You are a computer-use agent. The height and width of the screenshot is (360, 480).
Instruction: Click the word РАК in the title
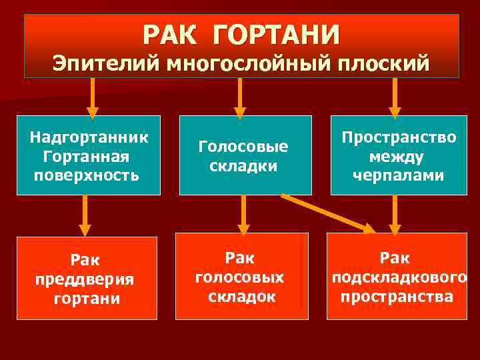tap(169, 33)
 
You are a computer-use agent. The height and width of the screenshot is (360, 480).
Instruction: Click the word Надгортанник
tap(89, 138)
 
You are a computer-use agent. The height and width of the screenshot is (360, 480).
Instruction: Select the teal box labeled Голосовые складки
tap(245, 155)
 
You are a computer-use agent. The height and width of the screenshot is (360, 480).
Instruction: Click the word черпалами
tap(399, 175)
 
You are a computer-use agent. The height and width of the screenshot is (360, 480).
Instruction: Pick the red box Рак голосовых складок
tap(241, 276)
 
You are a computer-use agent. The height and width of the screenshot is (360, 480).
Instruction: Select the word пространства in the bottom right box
tap(397, 296)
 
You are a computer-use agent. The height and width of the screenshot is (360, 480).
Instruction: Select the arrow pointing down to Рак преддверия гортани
tap(84, 215)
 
